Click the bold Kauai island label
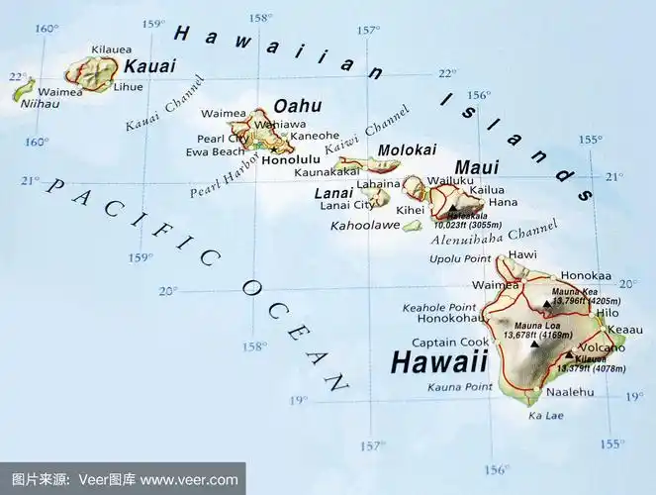click(149, 66)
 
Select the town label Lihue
click(129, 87)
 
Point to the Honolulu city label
click(292, 158)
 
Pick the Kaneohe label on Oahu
click(316, 136)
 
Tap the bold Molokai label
click(408, 149)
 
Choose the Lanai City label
click(347, 205)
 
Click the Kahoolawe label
click(364, 226)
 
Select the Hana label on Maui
click(503, 202)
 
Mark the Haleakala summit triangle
click(453, 209)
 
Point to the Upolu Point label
click(460, 258)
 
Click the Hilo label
click(608, 313)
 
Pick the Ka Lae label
click(546, 416)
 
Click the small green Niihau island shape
click(22, 90)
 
